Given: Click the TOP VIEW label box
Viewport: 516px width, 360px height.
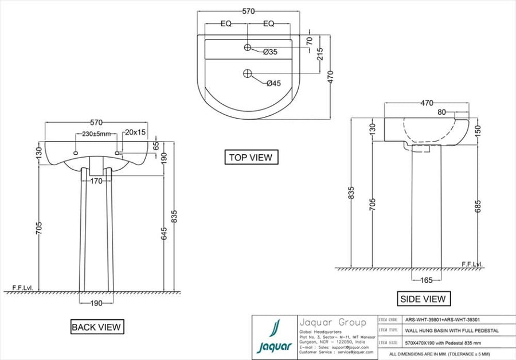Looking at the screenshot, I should pyautogui.click(x=251, y=157).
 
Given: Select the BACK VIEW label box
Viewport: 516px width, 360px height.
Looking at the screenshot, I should pyautogui.click(x=96, y=327).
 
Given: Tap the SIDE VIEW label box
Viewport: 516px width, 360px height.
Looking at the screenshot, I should pyautogui.click(x=423, y=299).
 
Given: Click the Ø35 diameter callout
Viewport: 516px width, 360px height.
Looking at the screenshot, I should pyautogui.click(x=271, y=52).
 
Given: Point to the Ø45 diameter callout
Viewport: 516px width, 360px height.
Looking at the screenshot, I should pyautogui.click(x=273, y=83).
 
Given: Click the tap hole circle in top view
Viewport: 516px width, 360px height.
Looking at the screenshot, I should pyautogui.click(x=247, y=46).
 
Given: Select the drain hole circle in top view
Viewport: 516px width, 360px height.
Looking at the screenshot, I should pyautogui.click(x=247, y=73).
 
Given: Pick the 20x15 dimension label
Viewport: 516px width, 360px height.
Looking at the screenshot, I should pyautogui.click(x=135, y=132).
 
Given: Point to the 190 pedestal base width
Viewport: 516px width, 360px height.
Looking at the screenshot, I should pyautogui.click(x=95, y=303).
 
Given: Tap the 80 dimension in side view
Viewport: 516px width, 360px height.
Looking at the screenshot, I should pyautogui.click(x=441, y=112).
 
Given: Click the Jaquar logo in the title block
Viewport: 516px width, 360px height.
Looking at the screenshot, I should pyautogui.click(x=275, y=337).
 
